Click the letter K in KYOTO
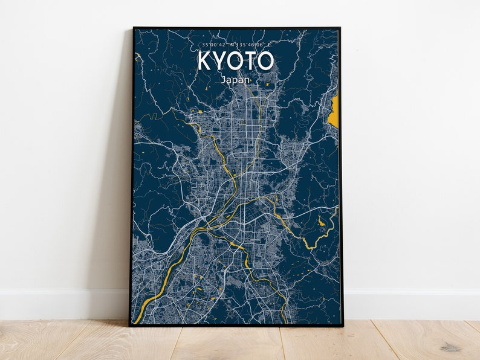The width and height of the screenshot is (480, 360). pyautogui.click(x=204, y=61)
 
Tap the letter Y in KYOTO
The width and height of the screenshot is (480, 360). pyautogui.click(x=220, y=61)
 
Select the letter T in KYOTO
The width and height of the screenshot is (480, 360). pyautogui.click(x=251, y=61)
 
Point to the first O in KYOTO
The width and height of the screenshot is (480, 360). pyautogui.click(x=236, y=61)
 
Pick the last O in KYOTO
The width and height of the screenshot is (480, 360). pyautogui.click(x=266, y=61)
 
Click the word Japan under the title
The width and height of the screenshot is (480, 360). pyautogui.click(x=236, y=79)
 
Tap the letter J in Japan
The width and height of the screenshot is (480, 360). pyautogui.click(x=223, y=79)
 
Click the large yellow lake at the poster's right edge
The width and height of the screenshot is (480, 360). pyautogui.click(x=333, y=111)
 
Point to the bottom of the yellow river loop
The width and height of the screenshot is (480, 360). pyautogui.click(x=310, y=246)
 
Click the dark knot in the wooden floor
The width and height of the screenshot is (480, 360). pyautogui.click(x=450, y=347)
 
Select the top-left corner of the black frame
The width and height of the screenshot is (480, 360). pyautogui.click(x=134, y=28)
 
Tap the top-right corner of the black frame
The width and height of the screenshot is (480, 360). pyautogui.click(x=340, y=28)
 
